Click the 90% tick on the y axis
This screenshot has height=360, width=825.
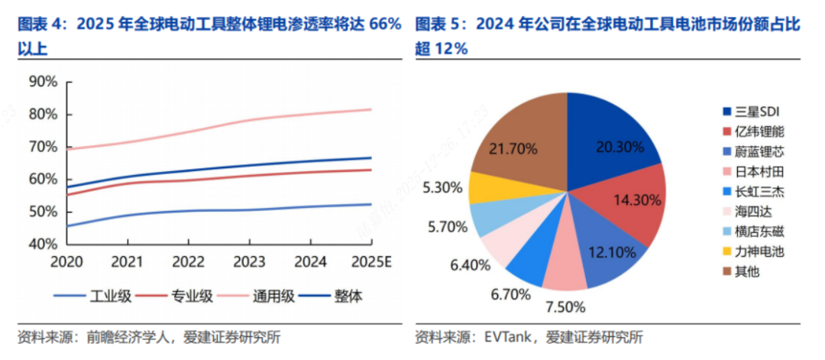pyautogui.click(x=42, y=82)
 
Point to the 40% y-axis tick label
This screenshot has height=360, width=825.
pyautogui.click(x=42, y=244)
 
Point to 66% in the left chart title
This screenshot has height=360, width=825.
pyautogui.click(x=385, y=24)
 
